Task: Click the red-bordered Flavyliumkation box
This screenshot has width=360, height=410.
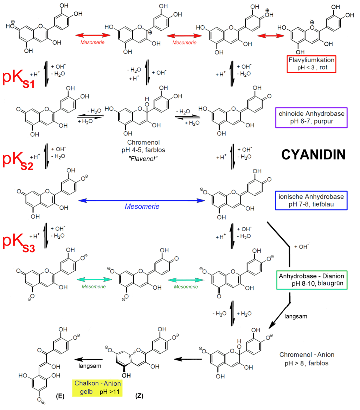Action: point(311,64)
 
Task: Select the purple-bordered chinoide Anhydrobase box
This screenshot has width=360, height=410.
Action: point(311,118)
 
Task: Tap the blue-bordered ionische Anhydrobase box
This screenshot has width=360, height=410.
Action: point(311,201)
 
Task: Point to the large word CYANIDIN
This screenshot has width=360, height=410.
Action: point(314,154)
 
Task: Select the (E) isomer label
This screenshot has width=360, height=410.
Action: point(60,396)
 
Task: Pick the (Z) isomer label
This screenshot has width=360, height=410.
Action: point(139,396)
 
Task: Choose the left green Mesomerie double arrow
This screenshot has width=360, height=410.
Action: point(94,279)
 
